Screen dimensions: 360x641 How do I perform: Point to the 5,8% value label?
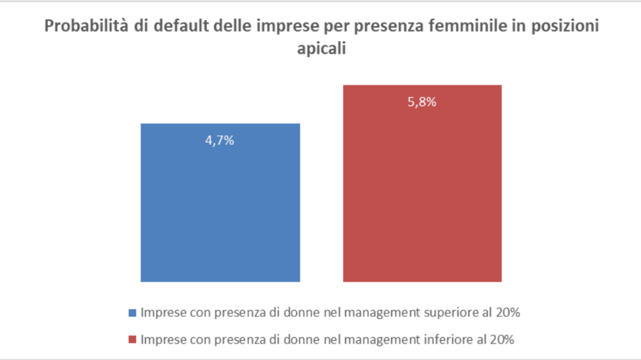click(422, 103)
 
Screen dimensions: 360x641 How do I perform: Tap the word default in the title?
click(163, 27)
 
